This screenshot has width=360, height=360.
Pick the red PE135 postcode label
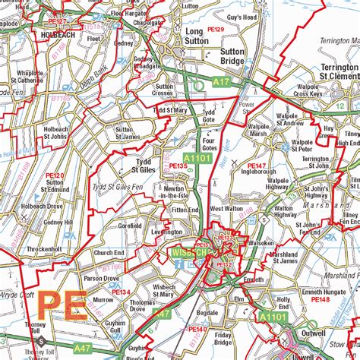[x=178, y=166]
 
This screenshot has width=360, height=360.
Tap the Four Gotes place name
[x=210, y=144]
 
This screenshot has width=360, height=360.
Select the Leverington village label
[x=167, y=232]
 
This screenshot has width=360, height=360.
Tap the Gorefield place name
[x=131, y=226]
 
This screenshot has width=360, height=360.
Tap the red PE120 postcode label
[x=54, y=175]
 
